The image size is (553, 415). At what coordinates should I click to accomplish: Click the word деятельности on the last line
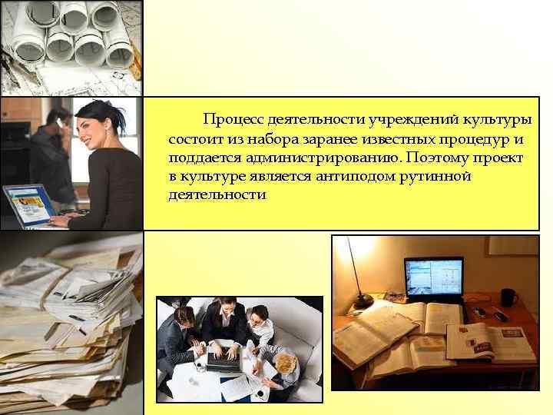pos(217,195)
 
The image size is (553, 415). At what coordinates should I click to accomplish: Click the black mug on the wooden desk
pos(508,297)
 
